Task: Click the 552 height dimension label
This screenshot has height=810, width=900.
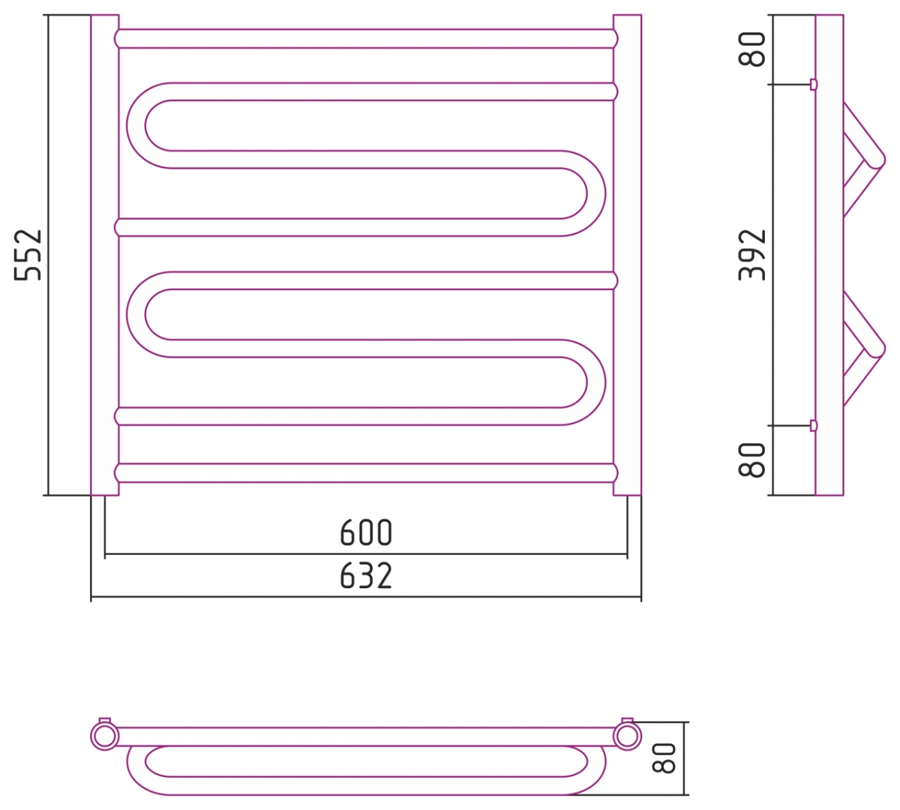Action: tap(28, 255)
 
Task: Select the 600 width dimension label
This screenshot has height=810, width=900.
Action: tap(366, 532)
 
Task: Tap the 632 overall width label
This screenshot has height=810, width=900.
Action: tap(366, 576)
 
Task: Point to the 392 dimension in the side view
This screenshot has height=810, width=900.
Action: tap(752, 255)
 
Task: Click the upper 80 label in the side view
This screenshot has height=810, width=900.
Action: tap(752, 49)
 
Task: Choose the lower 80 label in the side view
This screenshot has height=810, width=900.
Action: tap(752, 460)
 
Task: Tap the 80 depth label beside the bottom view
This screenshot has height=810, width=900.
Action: tap(664, 758)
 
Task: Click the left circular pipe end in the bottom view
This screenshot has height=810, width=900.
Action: tap(104, 736)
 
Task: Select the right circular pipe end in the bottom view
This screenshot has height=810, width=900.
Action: tap(627, 736)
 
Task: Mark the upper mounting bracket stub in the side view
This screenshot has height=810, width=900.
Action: tap(814, 84)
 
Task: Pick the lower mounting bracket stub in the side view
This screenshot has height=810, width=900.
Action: tap(814, 425)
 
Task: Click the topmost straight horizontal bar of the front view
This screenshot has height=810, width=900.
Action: tap(366, 38)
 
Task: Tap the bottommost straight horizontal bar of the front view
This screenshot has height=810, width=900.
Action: tap(366, 473)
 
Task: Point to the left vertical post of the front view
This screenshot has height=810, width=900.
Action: tap(105, 255)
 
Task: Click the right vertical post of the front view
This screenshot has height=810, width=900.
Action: tap(627, 255)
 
